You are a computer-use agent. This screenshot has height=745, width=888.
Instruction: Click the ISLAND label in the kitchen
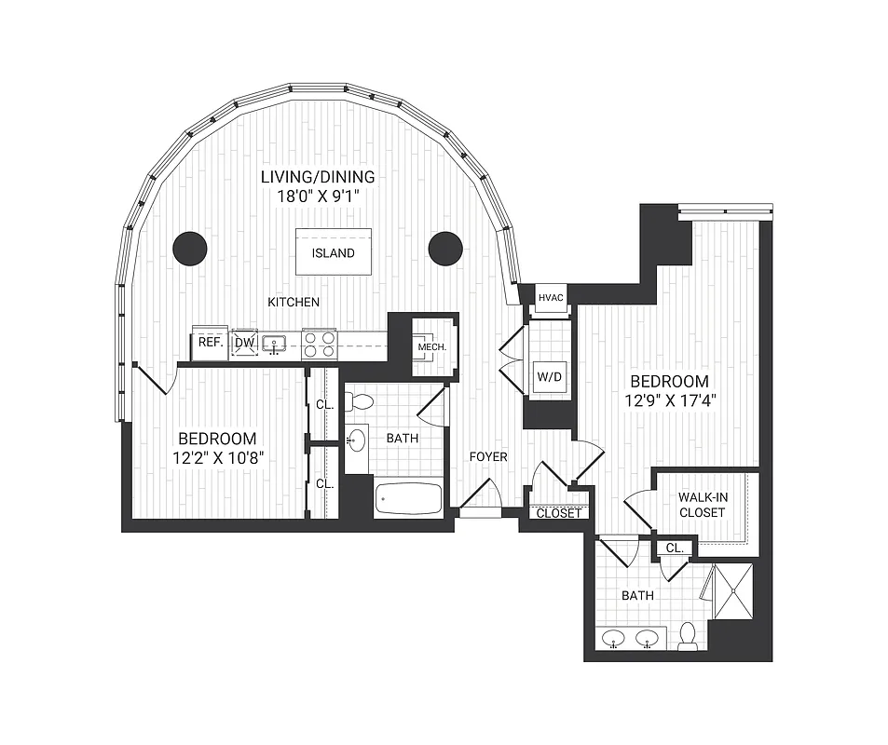pyautogui.click(x=334, y=252)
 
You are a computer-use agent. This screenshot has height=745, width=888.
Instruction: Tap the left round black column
pyautogui.click(x=190, y=248)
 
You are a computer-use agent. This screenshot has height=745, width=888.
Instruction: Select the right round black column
pyautogui.click(x=445, y=248)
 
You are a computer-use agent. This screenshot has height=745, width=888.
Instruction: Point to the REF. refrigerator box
pyautogui.click(x=210, y=343)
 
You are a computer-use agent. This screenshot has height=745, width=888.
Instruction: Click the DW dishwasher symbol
pyautogui.click(x=244, y=343)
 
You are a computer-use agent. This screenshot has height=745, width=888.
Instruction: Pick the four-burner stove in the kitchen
pyautogui.click(x=319, y=345)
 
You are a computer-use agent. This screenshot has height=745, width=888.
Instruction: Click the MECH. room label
pyautogui.click(x=432, y=347)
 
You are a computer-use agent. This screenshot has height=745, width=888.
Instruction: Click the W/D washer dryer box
pyautogui.click(x=545, y=377)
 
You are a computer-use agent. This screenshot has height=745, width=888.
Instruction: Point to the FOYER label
pyautogui.click(x=488, y=456)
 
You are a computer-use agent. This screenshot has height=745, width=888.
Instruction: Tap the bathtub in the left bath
pyautogui.click(x=409, y=498)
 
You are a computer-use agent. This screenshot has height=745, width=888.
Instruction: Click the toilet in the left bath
pyautogui.click(x=359, y=402)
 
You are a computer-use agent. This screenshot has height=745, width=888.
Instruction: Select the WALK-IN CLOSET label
pyautogui.click(x=703, y=505)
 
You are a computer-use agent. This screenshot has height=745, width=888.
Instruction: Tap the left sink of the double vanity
pyautogui.click(x=614, y=639)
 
